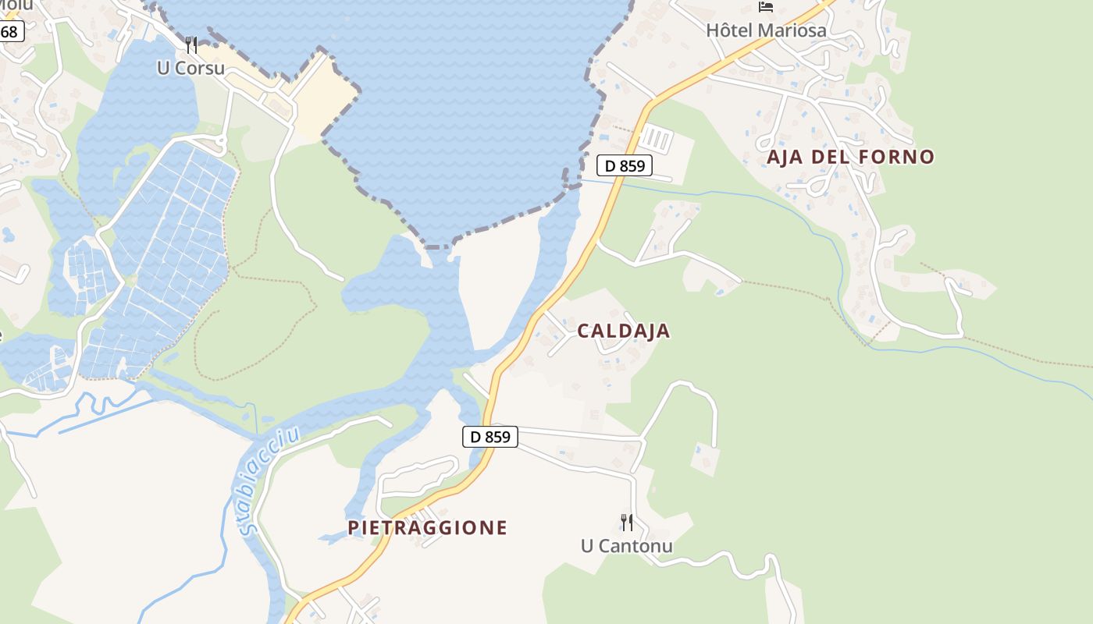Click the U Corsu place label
(190, 68)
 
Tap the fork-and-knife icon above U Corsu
(191, 44)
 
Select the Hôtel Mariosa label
(766, 30)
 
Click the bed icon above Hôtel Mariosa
(766, 7)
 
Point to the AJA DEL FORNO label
(850, 157)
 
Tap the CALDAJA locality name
(623, 331)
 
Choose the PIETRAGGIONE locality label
(427, 528)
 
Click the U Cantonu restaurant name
(626, 545)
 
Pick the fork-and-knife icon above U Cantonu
(626, 522)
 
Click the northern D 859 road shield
(624, 165)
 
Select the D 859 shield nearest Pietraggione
(491, 437)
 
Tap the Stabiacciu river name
(270, 482)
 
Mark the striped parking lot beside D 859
(656, 140)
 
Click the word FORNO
(896, 157)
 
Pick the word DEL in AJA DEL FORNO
(832, 157)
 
